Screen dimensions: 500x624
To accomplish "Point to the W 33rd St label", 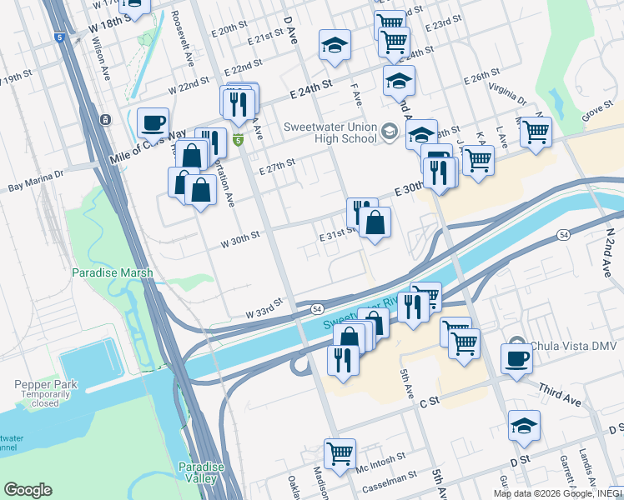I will coord(265,312).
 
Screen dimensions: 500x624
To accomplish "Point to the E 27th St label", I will coord(278,167).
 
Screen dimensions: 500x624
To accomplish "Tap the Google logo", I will coord(28,490).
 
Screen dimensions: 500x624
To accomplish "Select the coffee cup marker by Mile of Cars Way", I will coord(153,122).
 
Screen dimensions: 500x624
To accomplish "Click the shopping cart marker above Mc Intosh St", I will coord(340,453).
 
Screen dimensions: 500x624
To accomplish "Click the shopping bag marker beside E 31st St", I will coord(375,222).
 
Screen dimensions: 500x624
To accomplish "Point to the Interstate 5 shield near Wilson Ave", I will coord(59,37).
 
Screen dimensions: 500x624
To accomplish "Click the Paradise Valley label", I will coord(200,472).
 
